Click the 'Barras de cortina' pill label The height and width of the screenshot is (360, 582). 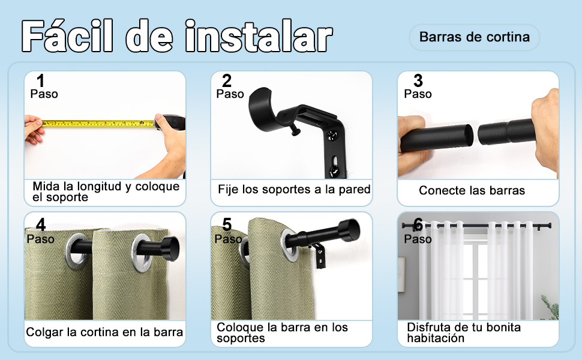pyautogui.click(x=474, y=37)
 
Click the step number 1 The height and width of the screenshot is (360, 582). pyautogui.click(x=40, y=80)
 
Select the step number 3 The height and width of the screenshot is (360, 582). pyautogui.click(x=418, y=80)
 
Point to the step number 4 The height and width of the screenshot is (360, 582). pyautogui.click(x=40, y=225)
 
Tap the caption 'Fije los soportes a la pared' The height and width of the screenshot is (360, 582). pyautogui.click(x=293, y=190)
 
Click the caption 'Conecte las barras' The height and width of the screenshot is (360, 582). pyautogui.click(x=472, y=191)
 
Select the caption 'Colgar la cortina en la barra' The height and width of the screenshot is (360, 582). pyautogui.click(x=104, y=332)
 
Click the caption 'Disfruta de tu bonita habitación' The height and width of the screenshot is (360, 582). pyautogui.click(x=464, y=332)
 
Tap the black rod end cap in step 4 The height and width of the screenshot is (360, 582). pyautogui.click(x=169, y=246)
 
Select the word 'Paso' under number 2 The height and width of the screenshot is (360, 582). pyautogui.click(x=230, y=94)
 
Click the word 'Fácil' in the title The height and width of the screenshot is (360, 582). pyautogui.click(x=69, y=37)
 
